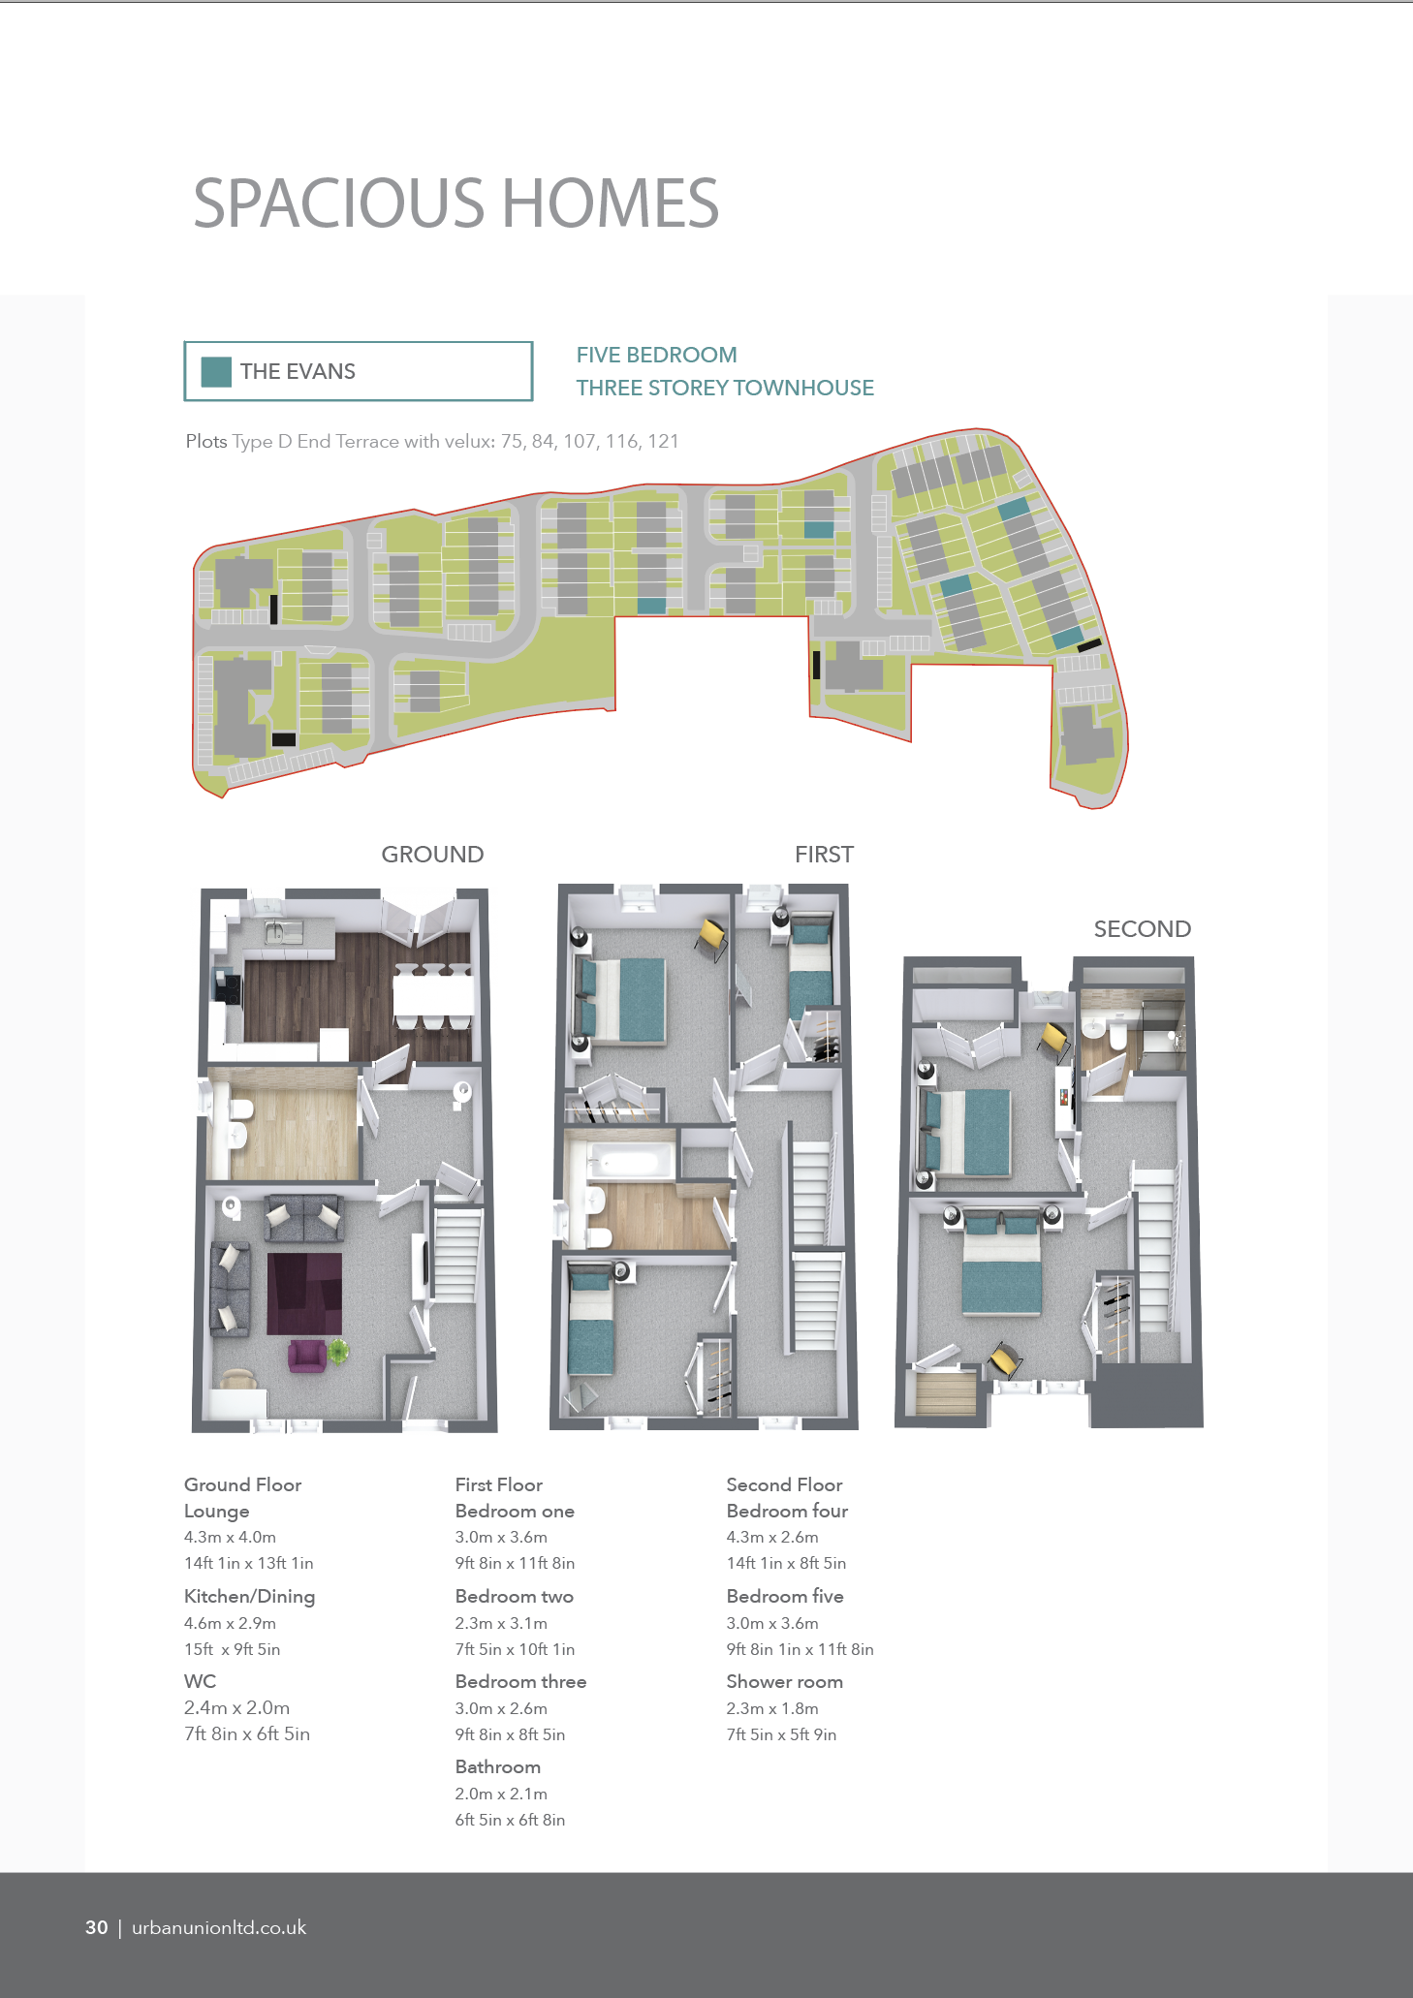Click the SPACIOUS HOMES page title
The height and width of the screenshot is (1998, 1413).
[x=455, y=203]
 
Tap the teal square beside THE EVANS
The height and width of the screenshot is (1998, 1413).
[x=216, y=372]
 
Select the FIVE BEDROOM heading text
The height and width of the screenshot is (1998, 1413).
[x=656, y=355]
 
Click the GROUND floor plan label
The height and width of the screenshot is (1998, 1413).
[x=432, y=855]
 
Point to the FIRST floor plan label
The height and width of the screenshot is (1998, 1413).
[x=824, y=855]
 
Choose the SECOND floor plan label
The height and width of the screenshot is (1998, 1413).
[x=1142, y=929]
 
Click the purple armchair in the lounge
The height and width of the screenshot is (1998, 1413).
[x=307, y=1355]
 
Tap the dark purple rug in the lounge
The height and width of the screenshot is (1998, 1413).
[x=304, y=1294]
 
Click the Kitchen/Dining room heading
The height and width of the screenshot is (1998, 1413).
[x=249, y=1597]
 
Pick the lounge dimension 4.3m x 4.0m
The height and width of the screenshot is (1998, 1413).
[x=230, y=1537]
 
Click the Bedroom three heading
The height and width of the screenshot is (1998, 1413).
[x=520, y=1681]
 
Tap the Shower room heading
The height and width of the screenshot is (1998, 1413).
[x=784, y=1681]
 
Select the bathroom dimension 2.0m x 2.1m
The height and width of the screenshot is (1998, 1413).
[x=501, y=1794]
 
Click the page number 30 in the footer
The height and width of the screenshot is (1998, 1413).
[x=97, y=1927]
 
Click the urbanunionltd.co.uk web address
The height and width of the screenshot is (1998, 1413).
[x=219, y=1927]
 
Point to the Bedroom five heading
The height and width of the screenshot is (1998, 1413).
[x=785, y=1596]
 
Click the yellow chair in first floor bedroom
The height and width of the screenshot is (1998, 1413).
[x=711, y=936]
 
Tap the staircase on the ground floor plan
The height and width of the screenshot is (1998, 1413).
[x=456, y=1255]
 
